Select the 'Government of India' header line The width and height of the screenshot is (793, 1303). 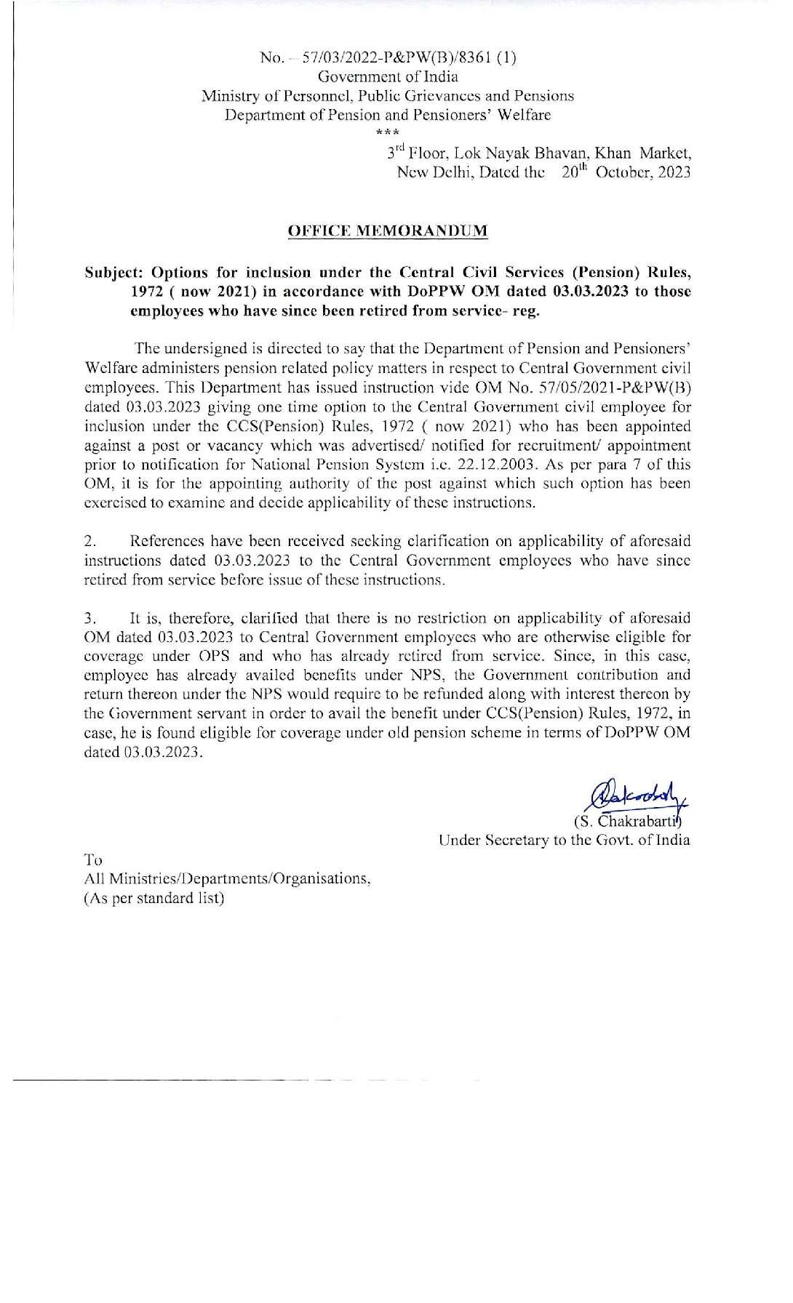click(388, 76)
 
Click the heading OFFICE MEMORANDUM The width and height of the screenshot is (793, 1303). click(388, 231)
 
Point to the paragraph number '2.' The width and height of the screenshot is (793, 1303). click(90, 542)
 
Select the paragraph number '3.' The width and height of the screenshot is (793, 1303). click(90, 619)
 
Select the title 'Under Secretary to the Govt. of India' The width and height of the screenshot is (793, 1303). click(564, 841)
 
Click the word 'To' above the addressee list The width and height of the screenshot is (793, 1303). click(93, 859)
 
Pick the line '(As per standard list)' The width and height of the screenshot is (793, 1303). click(154, 898)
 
